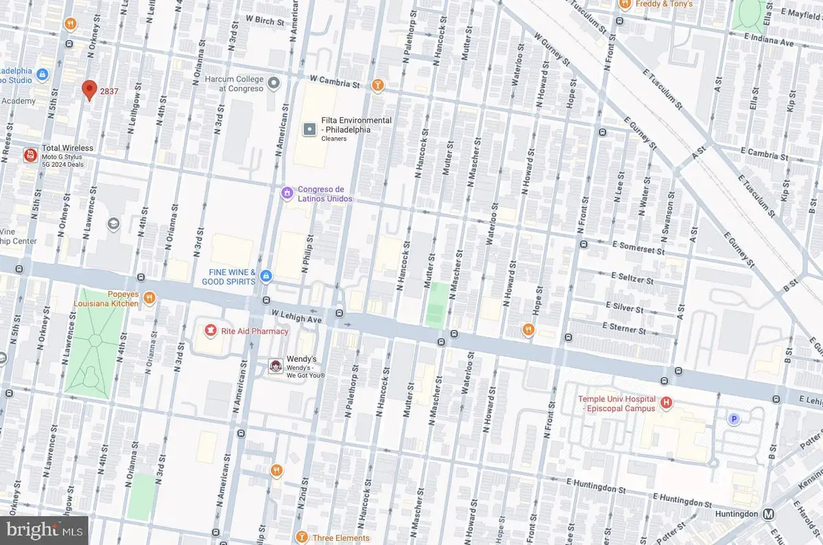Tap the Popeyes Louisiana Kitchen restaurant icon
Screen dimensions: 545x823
(150, 297)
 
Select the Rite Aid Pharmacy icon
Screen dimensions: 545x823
(210, 331)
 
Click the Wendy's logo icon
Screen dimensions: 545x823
(275, 367)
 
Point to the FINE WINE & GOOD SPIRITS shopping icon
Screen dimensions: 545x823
(266, 277)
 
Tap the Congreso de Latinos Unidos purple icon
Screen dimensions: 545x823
(287, 194)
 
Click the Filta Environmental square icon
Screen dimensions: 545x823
(309, 128)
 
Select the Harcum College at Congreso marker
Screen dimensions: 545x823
(274, 84)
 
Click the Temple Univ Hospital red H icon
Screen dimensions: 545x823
(665, 402)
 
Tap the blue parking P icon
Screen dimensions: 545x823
(734, 419)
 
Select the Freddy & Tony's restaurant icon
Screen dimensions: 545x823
(624, 4)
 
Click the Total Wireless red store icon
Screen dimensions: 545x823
(29, 156)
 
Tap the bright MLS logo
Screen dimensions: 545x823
(44, 530)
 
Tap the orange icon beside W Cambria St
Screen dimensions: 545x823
(377, 85)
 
